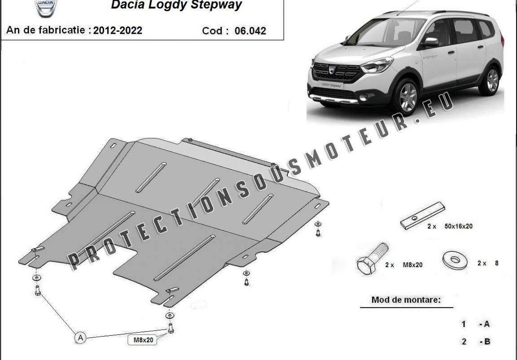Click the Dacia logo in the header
(46, 7)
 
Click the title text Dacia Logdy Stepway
(176, 5)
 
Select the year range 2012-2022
(118, 31)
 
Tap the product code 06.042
(250, 31)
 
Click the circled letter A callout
(80, 338)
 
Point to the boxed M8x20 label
(143, 340)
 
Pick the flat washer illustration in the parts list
(455, 261)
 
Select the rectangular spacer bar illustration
(423, 215)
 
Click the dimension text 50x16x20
(458, 226)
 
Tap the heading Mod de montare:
(406, 300)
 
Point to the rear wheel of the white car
(490, 80)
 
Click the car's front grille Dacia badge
(332, 70)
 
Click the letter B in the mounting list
(487, 342)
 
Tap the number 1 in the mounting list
(464, 325)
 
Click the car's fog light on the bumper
(364, 97)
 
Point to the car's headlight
(377, 65)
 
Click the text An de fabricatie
(46, 30)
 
